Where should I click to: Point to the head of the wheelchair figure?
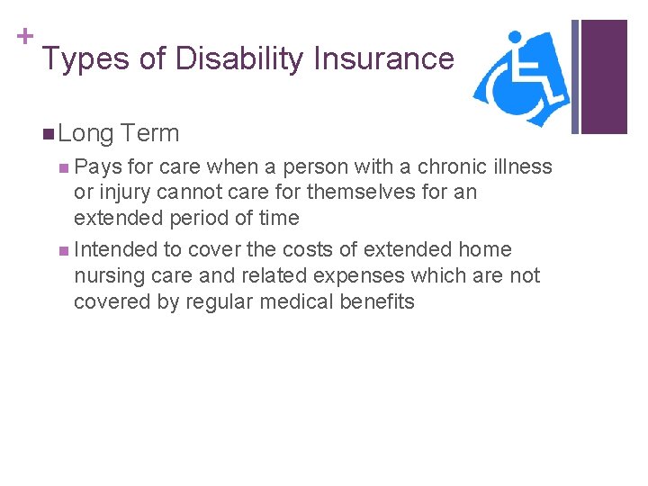pos(516,39)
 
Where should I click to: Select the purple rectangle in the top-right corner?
pos(604,76)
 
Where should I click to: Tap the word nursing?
pos(108,276)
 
